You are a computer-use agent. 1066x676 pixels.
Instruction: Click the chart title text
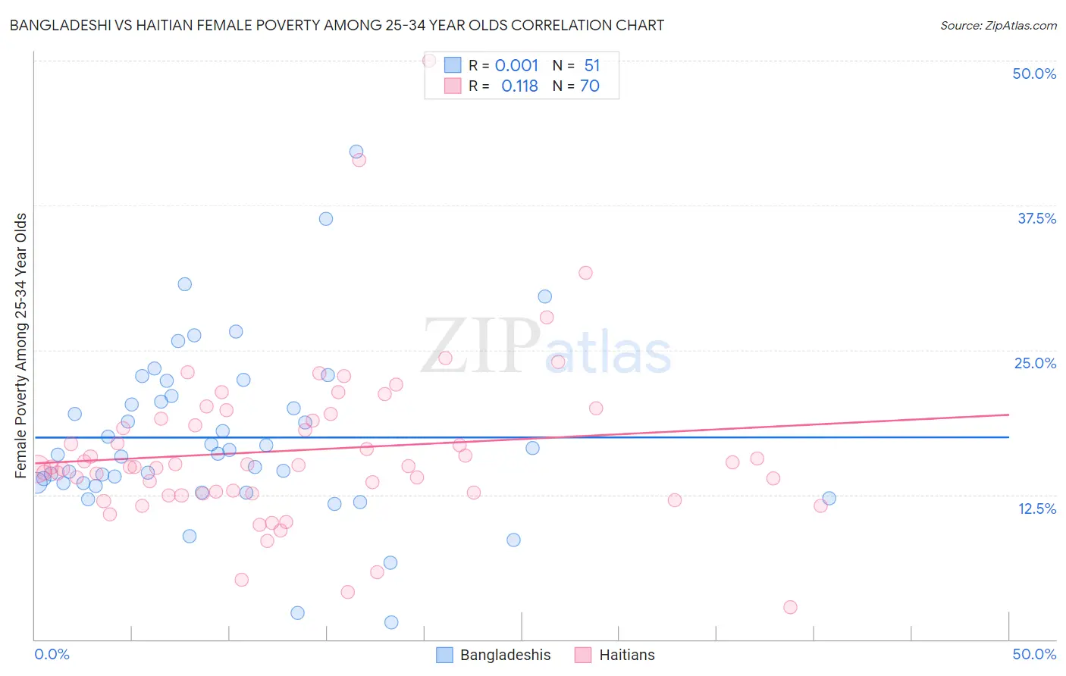[337, 25]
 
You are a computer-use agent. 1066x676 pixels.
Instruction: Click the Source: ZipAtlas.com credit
[998, 25]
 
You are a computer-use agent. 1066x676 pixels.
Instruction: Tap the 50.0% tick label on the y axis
[1034, 74]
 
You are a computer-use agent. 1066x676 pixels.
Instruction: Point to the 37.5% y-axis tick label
[1036, 218]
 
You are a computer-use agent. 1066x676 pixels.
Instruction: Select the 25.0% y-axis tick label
[1035, 363]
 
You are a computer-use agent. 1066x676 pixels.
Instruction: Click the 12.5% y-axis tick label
[1036, 509]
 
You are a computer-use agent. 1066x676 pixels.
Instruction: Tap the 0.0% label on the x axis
[52, 654]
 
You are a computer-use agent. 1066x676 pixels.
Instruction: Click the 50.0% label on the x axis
[1034, 654]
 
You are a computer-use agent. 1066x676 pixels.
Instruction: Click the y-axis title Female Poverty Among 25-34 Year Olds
[21, 346]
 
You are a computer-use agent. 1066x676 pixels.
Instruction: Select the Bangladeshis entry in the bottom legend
[505, 655]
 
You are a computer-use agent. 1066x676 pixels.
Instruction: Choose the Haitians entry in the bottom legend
[626, 655]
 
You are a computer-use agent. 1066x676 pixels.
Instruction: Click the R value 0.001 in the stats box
[516, 65]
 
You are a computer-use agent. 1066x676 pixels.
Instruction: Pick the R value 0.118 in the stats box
[519, 86]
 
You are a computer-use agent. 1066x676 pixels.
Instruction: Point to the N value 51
[592, 65]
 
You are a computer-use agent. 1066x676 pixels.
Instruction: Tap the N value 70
[590, 86]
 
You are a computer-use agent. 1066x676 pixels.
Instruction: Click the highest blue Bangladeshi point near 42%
[356, 152]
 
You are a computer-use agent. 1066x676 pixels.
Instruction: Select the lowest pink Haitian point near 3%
[790, 607]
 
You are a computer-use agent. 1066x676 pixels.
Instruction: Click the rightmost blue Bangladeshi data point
[829, 498]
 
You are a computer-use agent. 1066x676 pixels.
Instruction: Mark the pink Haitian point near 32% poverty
[585, 273]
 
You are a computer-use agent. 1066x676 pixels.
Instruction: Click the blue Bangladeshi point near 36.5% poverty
[326, 218]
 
